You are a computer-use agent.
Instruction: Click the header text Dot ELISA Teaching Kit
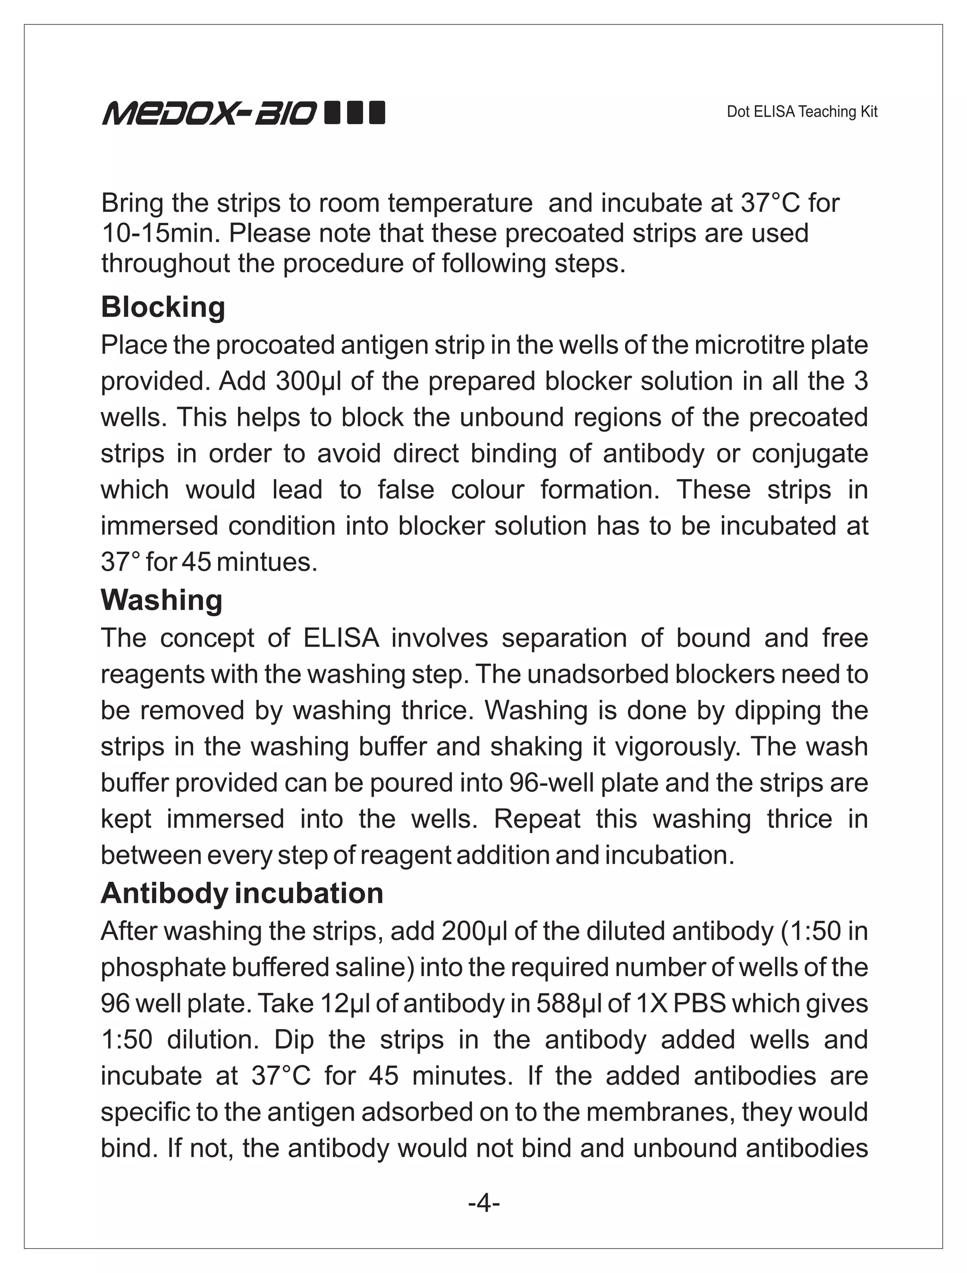pos(801,112)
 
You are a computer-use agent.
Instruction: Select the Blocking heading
pos(163,307)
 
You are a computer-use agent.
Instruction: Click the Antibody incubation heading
pos(242,893)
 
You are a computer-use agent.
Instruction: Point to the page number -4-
pos(483,1203)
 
